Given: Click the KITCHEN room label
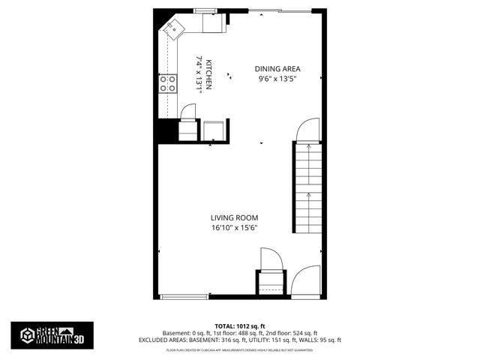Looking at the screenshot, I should pos(209,74).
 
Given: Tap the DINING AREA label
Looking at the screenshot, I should pos(277,67).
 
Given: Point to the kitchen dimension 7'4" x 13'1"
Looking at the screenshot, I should pos(199,74).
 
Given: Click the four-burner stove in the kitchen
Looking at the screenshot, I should pos(168,83).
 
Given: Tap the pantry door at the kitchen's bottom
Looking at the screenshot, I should pos(187,112).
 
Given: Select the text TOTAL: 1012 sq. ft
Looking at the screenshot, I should pos(240,327).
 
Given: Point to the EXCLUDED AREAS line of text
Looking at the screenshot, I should pos(240,340).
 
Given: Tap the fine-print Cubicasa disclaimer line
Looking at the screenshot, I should pos(240,349).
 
